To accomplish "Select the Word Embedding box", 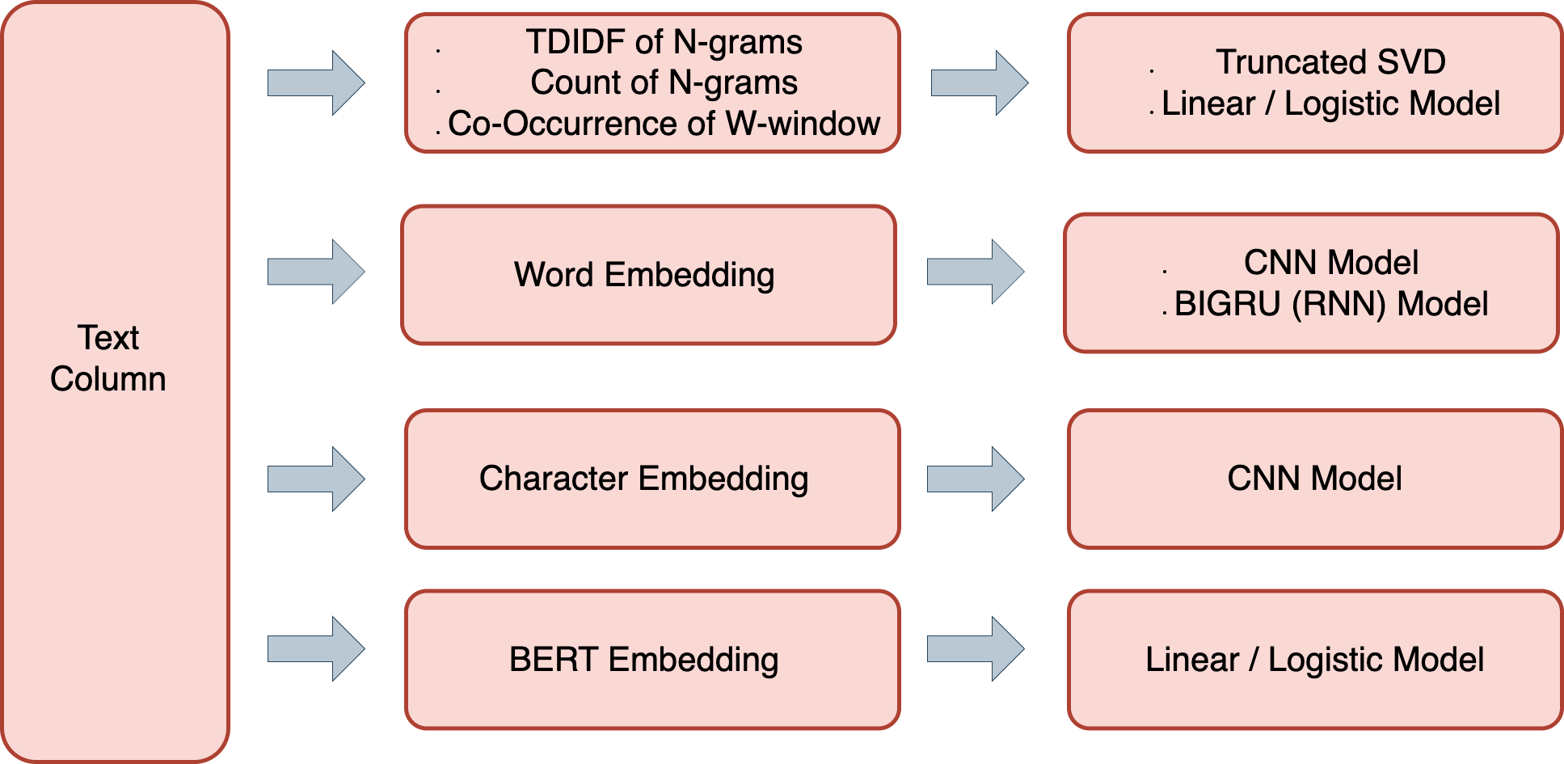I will (647, 275).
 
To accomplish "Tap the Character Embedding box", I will (651, 479).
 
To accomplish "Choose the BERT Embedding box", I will (651, 659).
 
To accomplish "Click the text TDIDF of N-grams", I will (664, 42).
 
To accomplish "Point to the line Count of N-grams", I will (664, 82).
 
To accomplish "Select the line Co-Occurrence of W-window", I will (664, 124).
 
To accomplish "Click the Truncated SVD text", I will (1330, 62).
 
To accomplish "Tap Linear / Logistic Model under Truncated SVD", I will (1330, 103).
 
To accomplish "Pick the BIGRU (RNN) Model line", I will (1330, 304).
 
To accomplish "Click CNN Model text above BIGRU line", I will (1330, 263).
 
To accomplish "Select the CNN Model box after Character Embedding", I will (1314, 479).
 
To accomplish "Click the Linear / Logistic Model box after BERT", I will (1314, 659).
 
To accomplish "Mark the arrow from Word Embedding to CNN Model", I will (976, 272).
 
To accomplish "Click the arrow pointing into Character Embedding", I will (316, 479).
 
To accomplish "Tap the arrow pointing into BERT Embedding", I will (316, 648).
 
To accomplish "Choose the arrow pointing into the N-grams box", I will (316, 82).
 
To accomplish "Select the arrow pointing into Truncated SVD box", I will (979, 82).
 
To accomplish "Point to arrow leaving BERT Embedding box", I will (976, 648).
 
